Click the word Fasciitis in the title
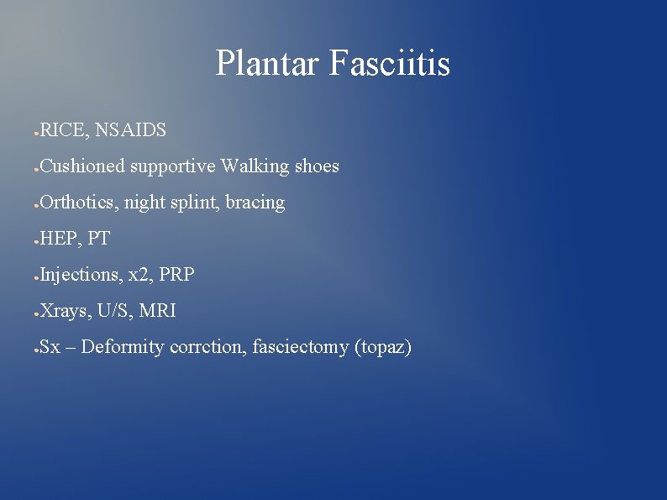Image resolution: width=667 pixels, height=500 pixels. [x=390, y=64]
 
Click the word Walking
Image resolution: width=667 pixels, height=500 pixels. [x=255, y=166]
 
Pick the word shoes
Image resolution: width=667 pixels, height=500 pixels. [x=317, y=166]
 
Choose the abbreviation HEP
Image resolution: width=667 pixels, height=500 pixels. [x=58, y=239]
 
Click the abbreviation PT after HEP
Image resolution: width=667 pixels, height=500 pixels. [x=98, y=239]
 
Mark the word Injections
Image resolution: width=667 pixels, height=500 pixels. [x=80, y=275]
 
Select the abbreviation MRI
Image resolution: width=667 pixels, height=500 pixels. [x=158, y=311]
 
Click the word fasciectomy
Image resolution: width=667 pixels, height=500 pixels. [x=300, y=347]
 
